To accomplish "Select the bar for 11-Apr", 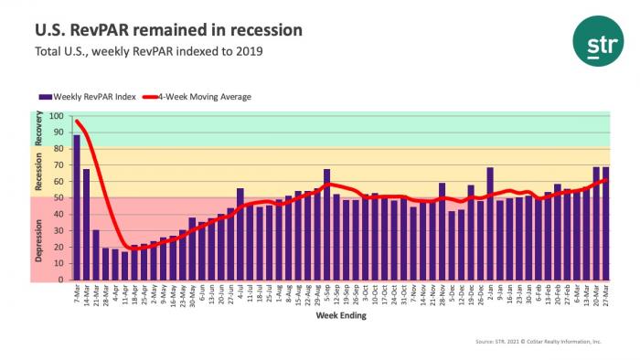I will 125,266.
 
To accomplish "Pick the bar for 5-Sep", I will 326,224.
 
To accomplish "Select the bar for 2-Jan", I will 490,223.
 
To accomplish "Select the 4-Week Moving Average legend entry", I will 200,96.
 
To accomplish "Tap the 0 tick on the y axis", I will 61,281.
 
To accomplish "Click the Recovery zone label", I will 38,131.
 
